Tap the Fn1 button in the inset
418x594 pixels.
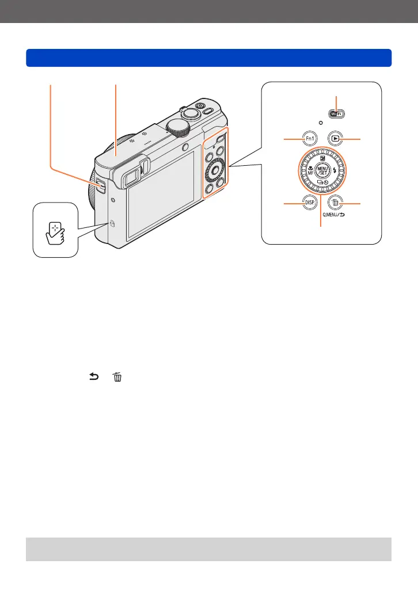click(310, 139)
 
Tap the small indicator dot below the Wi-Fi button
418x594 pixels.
click(320, 123)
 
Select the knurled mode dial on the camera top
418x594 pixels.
click(178, 127)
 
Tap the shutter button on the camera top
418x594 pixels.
click(201, 105)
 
